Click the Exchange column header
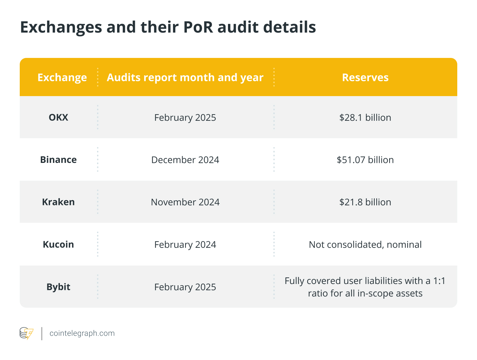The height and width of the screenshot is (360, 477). coord(62,77)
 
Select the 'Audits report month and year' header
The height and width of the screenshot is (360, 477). coord(185,77)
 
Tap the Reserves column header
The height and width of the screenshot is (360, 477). coord(365,77)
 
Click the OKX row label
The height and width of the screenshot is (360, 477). coord(58,117)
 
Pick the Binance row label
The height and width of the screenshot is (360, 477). coord(58,160)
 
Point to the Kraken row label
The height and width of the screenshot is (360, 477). coord(58,202)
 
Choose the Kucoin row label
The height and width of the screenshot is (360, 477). coord(58,244)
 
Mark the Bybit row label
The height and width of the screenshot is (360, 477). coord(58,287)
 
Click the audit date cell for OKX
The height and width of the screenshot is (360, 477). coord(185,117)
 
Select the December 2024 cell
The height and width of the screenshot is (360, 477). coord(185,160)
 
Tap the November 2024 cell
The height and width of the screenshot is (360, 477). coord(185,202)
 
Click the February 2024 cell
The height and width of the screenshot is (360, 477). coord(185,244)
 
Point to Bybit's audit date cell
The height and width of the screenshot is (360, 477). coord(185,287)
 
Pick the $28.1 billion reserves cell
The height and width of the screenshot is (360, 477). coord(365,117)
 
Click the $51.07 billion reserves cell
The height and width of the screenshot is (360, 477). coord(365,160)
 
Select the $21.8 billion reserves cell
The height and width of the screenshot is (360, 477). coord(365,202)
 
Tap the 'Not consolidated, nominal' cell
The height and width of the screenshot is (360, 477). coord(365,244)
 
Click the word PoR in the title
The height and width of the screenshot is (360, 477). coord(198,27)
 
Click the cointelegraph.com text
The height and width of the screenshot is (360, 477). coord(82,333)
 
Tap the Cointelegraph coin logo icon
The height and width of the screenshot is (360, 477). coord(26,333)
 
